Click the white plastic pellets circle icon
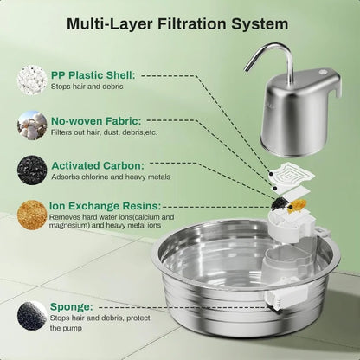point(31,80)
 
